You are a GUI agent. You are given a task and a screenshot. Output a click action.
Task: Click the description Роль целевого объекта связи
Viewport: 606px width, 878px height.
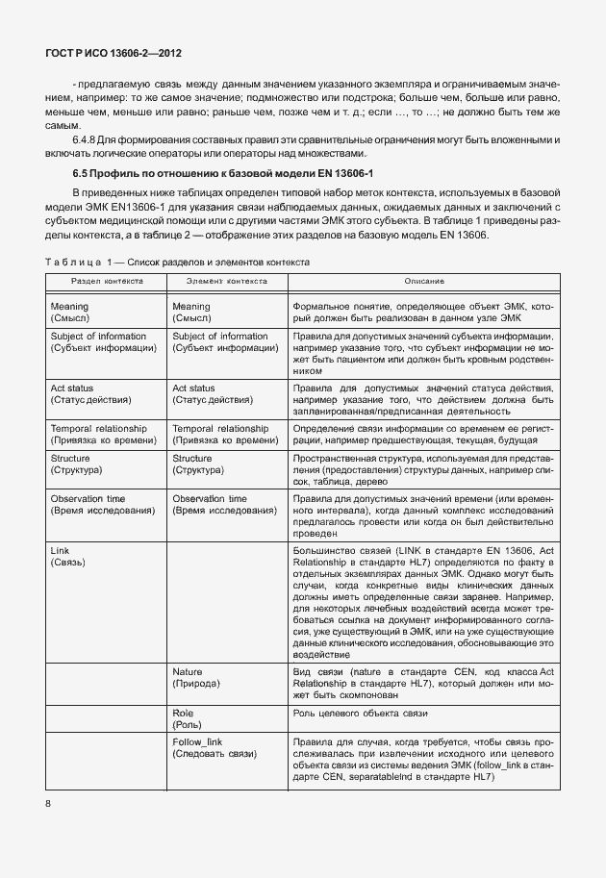tap(361, 714)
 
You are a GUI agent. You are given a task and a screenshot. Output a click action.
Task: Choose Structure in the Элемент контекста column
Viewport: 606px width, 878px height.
tap(192, 459)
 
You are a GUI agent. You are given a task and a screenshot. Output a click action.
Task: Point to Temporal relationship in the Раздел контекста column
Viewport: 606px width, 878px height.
tap(98, 427)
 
